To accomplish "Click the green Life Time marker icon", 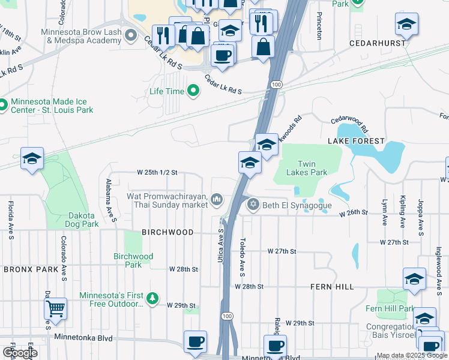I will click(193, 91).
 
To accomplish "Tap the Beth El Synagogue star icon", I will click(253, 205).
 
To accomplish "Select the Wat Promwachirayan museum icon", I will click(217, 199).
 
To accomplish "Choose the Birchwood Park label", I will click(133, 260).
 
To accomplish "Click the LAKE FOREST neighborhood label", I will click(356, 141).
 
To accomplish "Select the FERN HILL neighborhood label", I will click(332, 287).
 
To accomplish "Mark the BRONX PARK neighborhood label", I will click(29, 269).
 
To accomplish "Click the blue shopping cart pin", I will click(55, 308).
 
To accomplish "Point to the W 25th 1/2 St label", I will click(157, 172).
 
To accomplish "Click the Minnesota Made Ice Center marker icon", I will click(3, 106).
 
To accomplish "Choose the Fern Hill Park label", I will click(390, 308).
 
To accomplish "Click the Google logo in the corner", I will click(19, 352).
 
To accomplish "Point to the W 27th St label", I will click(394, 242).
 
